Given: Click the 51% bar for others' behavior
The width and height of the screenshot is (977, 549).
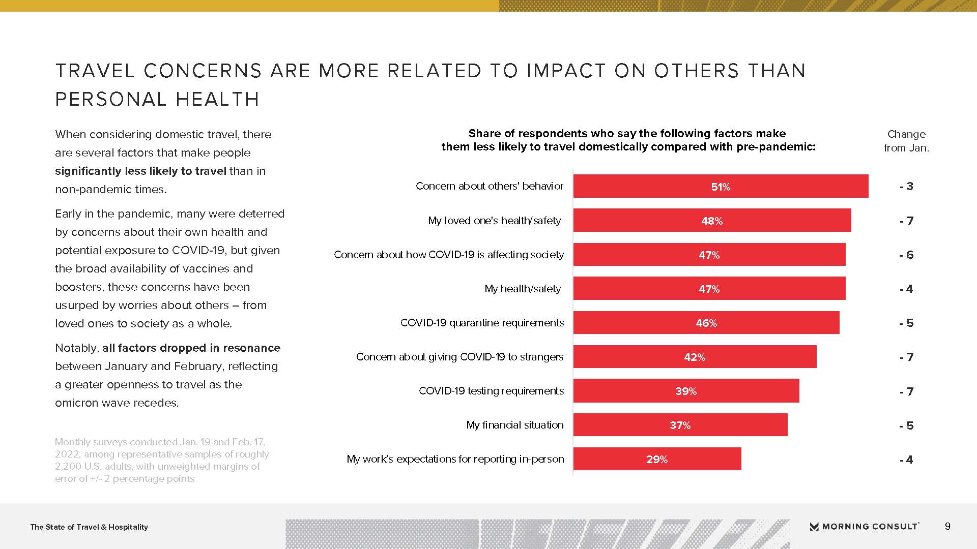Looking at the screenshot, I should point(721,186).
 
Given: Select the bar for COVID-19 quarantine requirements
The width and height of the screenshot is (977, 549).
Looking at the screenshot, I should point(706,323).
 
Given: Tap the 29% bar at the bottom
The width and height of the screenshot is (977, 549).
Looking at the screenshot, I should point(657,459).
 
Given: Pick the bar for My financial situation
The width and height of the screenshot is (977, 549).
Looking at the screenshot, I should point(680,425).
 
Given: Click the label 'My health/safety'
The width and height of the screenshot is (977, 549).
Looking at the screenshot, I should point(523,289).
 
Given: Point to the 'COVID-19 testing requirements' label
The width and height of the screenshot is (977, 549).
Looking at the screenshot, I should point(491,391).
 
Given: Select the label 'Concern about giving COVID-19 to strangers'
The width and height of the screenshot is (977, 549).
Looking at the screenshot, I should point(459,357).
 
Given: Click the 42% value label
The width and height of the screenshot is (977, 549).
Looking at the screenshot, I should point(695,357).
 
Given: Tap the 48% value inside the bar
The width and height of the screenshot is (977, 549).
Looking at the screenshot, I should point(712,221).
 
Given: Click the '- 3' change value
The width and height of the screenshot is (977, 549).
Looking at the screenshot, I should point(906,187).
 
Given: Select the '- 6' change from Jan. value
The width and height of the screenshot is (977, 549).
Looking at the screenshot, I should point(906,255).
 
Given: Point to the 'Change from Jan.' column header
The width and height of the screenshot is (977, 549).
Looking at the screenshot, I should point(906,141).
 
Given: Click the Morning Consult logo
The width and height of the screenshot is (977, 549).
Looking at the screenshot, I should point(864,527).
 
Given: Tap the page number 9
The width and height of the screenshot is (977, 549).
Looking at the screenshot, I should point(947,527).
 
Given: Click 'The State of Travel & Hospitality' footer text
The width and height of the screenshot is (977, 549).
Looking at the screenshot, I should point(89,527).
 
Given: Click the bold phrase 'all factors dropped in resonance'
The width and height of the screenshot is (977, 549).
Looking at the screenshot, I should point(191,348).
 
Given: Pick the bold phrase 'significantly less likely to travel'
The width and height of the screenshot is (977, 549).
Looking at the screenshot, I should point(140,171).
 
